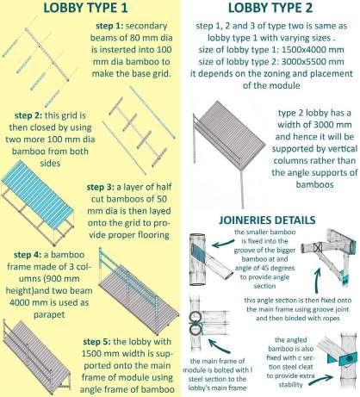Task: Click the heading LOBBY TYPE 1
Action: tap(85, 8)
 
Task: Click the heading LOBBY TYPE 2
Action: tap(270, 8)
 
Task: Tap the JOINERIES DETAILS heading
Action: tap(267, 220)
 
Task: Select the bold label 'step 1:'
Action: tap(109, 26)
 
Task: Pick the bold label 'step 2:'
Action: tap(28, 115)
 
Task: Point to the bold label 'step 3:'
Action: tap(101, 187)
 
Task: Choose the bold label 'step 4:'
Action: tap(28, 255)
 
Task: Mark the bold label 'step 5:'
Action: tap(96, 342)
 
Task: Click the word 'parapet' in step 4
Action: tap(49, 315)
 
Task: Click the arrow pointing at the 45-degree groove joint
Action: tap(223, 244)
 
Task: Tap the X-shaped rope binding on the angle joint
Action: tap(317, 248)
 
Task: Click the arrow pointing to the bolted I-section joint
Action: tap(219, 346)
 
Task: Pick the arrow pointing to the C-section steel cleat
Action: tap(321, 380)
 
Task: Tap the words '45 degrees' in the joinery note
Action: tap(279, 268)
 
